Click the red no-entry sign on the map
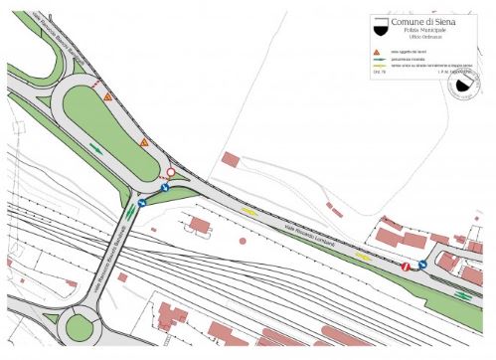[x=406, y=267]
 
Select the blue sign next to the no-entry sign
[x=423, y=265]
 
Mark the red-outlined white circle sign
[x=170, y=173]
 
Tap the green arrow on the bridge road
[x=130, y=211]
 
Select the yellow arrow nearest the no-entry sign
[x=364, y=256]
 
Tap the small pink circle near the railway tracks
[x=242, y=241]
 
